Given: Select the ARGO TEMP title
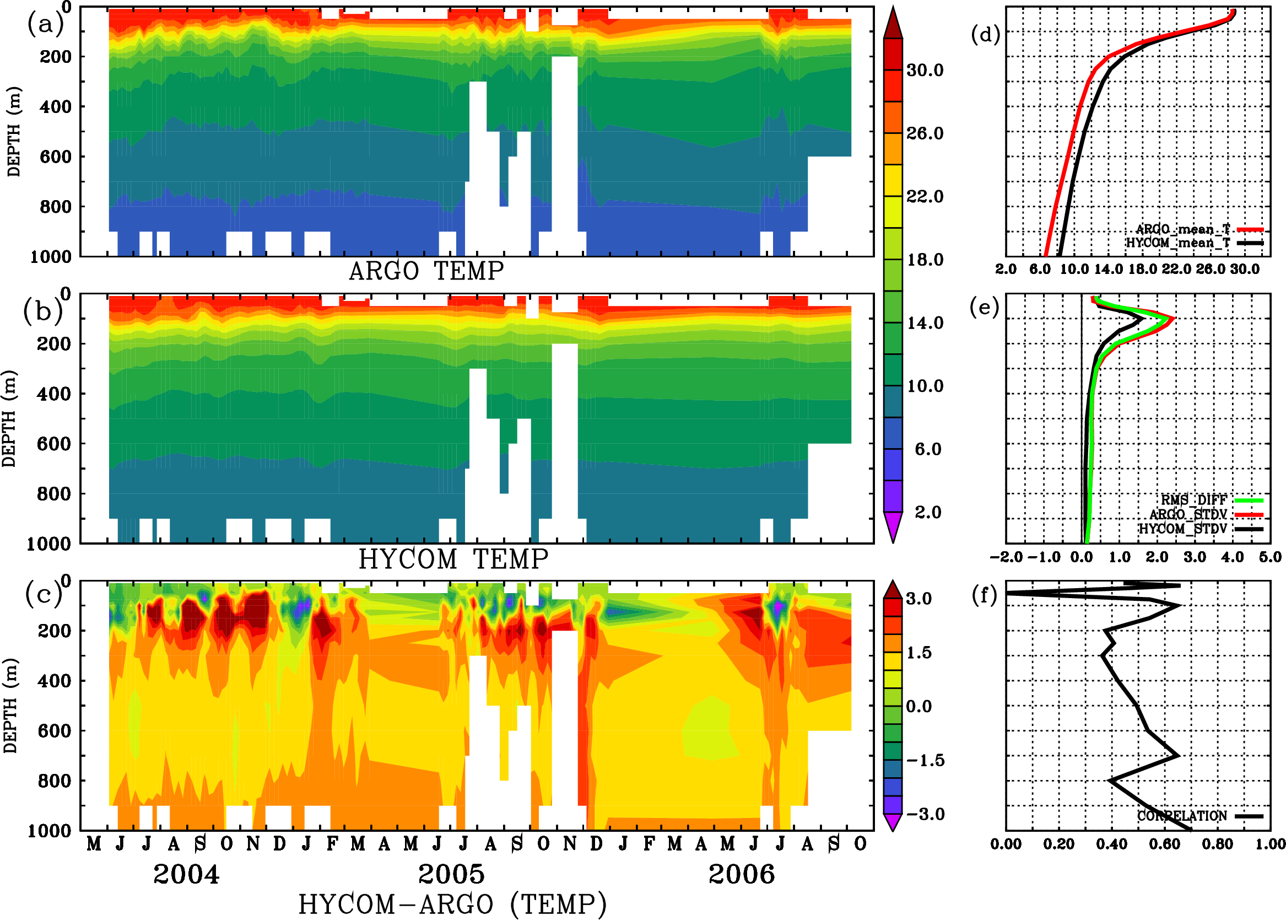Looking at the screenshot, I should click(x=426, y=271).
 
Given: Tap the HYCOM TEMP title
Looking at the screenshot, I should click(x=453, y=559).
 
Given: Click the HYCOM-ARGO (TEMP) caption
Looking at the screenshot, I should click(x=452, y=904).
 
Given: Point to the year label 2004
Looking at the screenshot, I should click(x=186, y=875).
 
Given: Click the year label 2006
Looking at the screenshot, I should click(x=741, y=875).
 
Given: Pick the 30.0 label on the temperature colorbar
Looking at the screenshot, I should click(x=925, y=70).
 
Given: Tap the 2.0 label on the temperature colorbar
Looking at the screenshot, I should click(x=928, y=512).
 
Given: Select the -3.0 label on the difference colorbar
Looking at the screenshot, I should click(x=925, y=814).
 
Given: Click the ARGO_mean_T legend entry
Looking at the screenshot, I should click(x=1183, y=229).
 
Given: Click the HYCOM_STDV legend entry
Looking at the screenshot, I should click(x=1183, y=529).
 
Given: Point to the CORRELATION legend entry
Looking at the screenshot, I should click(x=1182, y=816).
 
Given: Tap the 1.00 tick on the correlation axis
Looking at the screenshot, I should click(x=1270, y=844).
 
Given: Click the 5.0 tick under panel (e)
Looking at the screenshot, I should click(x=1270, y=557).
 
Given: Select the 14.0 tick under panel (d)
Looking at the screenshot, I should click(x=1107, y=269).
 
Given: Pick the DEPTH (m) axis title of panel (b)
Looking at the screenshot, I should click(x=10, y=418).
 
